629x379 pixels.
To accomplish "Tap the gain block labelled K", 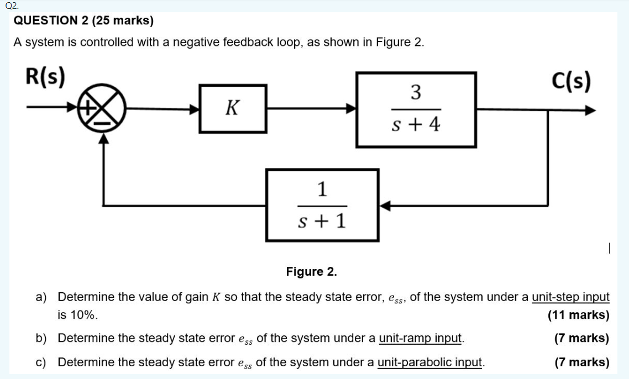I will click(x=232, y=108).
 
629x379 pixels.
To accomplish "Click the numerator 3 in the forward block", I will click(x=416, y=92).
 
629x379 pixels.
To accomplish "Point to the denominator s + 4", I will click(x=416, y=125).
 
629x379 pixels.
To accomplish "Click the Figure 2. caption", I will click(x=311, y=271).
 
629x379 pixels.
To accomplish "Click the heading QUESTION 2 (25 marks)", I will click(x=83, y=21).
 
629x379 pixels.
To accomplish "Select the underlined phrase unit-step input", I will click(x=570, y=297).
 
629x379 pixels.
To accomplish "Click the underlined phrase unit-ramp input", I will click(x=421, y=338).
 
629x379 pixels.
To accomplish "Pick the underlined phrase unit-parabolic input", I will click(x=431, y=362).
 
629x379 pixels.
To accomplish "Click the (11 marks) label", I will click(x=578, y=315).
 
